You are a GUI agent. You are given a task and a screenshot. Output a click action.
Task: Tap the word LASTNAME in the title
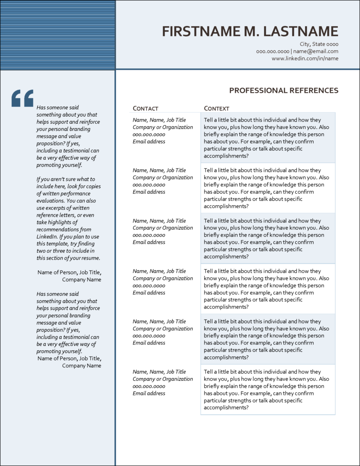point(301,31)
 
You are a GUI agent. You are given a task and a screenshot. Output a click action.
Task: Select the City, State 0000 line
point(319,44)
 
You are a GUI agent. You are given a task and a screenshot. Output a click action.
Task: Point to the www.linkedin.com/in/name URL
point(305,59)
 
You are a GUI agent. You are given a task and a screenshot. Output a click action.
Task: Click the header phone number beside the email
point(272,51)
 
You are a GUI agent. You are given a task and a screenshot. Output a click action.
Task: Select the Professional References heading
point(283,90)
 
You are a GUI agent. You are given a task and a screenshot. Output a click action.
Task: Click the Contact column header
point(145,109)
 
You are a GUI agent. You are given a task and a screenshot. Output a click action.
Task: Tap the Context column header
point(216,109)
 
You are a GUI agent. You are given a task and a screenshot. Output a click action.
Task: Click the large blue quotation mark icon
point(22,98)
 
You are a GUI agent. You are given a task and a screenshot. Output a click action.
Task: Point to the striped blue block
point(58,35)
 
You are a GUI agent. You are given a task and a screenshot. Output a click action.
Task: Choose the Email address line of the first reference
point(148,141)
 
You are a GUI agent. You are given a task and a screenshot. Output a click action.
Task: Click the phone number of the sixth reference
point(148,386)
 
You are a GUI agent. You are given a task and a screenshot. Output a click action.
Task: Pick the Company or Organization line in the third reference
point(162,228)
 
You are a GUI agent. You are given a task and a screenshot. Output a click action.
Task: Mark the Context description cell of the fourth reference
point(268,289)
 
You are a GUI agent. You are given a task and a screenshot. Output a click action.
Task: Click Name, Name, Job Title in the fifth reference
point(159,321)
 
